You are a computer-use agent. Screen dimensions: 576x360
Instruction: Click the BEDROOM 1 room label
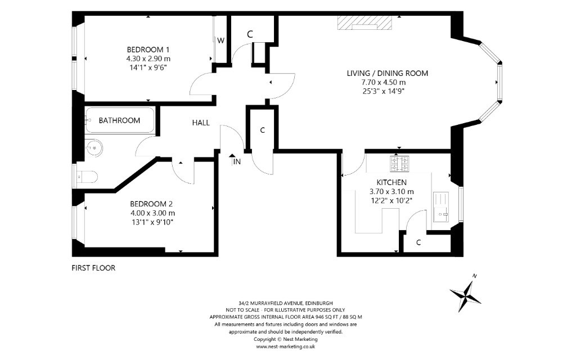pyautogui.click(x=148, y=49)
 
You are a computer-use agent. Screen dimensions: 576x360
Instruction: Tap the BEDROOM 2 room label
pyautogui.click(x=151, y=204)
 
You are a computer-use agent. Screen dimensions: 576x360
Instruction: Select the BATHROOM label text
pyautogui.click(x=119, y=120)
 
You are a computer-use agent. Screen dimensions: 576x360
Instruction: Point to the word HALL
pyautogui.click(x=201, y=123)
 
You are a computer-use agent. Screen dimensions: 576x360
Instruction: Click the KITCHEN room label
pyautogui.click(x=391, y=182)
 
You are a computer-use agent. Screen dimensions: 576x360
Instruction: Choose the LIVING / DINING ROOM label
pyautogui.click(x=388, y=73)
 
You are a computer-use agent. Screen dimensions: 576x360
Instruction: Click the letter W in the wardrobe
pyautogui.click(x=220, y=40)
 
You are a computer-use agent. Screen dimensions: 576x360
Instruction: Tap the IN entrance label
pyautogui.click(x=237, y=161)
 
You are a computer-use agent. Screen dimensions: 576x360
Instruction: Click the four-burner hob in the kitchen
pyautogui.click(x=399, y=164)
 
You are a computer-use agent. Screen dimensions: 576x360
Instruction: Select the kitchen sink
pyautogui.click(x=441, y=207)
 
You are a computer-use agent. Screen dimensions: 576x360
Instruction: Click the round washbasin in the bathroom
pyautogui.click(x=94, y=148)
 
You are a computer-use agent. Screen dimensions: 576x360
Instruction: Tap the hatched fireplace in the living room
pyautogui.click(x=364, y=22)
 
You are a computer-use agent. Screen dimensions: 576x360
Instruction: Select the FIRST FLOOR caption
pyautogui.click(x=93, y=268)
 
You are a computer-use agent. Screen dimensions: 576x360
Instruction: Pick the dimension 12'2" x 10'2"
pyautogui.click(x=391, y=201)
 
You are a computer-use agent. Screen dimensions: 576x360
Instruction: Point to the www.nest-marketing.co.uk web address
pyautogui.click(x=285, y=346)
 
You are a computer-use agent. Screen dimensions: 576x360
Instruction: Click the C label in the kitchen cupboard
pyautogui.click(x=418, y=243)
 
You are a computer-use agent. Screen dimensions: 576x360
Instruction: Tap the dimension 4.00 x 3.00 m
pyautogui.click(x=152, y=213)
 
